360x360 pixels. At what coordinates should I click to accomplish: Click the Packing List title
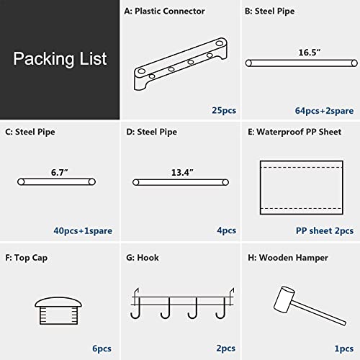pyautogui.click(x=60, y=59)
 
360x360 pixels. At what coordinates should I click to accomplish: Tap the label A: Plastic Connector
pyautogui.click(x=164, y=11)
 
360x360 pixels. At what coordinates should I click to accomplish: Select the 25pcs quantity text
pyautogui.click(x=224, y=110)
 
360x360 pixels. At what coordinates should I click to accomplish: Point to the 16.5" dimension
pyautogui.click(x=310, y=53)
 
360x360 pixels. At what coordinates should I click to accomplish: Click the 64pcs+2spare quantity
pyautogui.click(x=324, y=111)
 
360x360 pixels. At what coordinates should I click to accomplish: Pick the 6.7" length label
pyautogui.click(x=59, y=172)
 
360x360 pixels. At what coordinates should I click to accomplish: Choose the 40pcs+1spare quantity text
pyautogui.click(x=83, y=230)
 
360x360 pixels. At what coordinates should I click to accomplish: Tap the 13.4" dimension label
pyautogui.click(x=182, y=172)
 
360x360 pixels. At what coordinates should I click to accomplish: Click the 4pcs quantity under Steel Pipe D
pyautogui.click(x=227, y=230)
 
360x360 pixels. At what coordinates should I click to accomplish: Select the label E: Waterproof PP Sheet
pyautogui.click(x=294, y=132)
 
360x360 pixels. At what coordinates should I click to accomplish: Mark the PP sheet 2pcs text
pyautogui.click(x=325, y=230)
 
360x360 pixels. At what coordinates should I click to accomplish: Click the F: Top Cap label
pyautogui.click(x=27, y=258)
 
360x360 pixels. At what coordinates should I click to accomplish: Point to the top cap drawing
pyautogui.click(x=58, y=311)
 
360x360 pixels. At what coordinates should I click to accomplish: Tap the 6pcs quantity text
pyautogui.click(x=102, y=348)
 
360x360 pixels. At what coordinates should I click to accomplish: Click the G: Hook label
pyautogui.click(x=143, y=258)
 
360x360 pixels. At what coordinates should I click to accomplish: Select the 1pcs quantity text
pyautogui.click(x=344, y=348)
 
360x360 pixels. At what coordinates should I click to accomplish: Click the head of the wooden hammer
pyautogui.click(x=284, y=300)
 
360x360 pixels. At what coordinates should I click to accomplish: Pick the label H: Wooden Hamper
pyautogui.click(x=288, y=258)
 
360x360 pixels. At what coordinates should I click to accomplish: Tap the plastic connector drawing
pyautogui.click(x=181, y=64)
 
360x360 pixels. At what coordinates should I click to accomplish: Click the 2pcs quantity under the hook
pyautogui.click(x=226, y=348)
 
